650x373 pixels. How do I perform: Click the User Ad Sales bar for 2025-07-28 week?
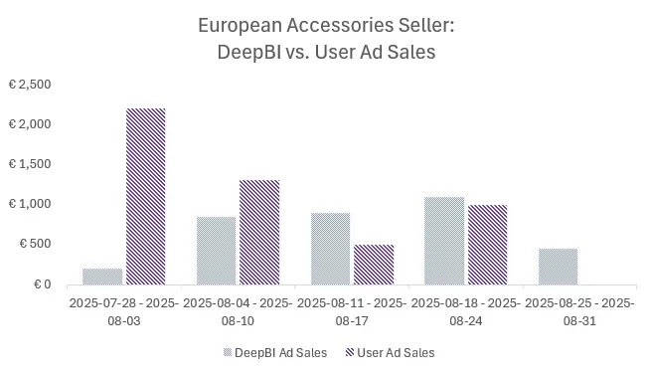146,196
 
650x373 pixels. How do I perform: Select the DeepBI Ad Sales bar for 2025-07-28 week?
103,276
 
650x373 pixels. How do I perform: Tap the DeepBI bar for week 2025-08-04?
217,250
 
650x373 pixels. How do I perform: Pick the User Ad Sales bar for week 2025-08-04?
259,232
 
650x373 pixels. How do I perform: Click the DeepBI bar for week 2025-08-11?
331,248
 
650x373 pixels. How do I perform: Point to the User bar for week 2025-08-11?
374,264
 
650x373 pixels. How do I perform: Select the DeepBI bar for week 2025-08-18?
444,240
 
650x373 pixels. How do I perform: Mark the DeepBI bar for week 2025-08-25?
558,266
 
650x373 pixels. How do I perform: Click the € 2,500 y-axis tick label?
29,85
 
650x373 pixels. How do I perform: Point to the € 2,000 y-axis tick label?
29,124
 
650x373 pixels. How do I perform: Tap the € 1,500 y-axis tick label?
29,164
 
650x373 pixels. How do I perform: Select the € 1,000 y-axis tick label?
29,204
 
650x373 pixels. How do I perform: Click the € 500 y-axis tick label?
34,244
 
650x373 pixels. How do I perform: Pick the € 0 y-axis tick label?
41,283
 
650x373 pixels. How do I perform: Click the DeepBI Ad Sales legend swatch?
230,352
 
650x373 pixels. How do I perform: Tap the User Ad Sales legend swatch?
350,352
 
